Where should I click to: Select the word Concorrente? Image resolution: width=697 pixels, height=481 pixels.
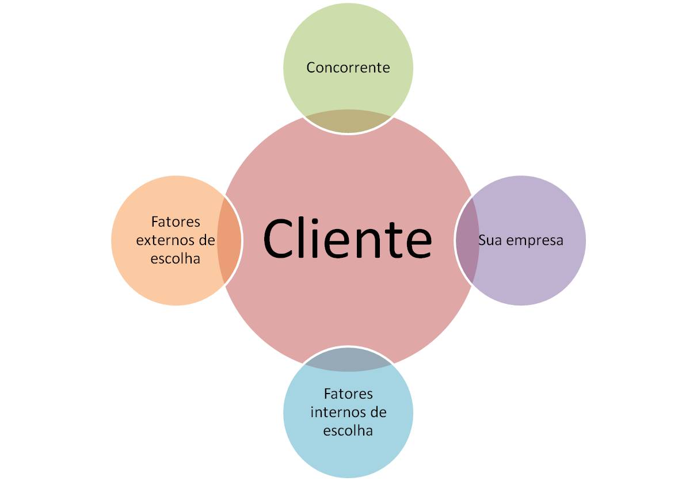click(348, 68)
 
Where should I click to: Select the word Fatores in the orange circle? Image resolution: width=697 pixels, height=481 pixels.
click(175, 222)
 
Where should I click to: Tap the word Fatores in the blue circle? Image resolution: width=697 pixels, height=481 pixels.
click(348, 394)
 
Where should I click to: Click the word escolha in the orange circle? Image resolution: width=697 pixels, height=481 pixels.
click(175, 258)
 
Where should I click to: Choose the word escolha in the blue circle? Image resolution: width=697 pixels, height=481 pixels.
click(348, 430)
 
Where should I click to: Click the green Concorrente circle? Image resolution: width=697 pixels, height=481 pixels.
click(348, 40)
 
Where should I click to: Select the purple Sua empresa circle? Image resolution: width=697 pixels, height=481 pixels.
click(535, 270)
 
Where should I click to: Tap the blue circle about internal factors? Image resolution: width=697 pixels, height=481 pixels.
click(348, 455)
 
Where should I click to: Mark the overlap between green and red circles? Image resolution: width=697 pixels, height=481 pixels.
click(348, 121)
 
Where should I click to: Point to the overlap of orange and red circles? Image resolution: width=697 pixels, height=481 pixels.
click(228, 240)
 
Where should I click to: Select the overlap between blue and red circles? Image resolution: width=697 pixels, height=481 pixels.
click(348, 359)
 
